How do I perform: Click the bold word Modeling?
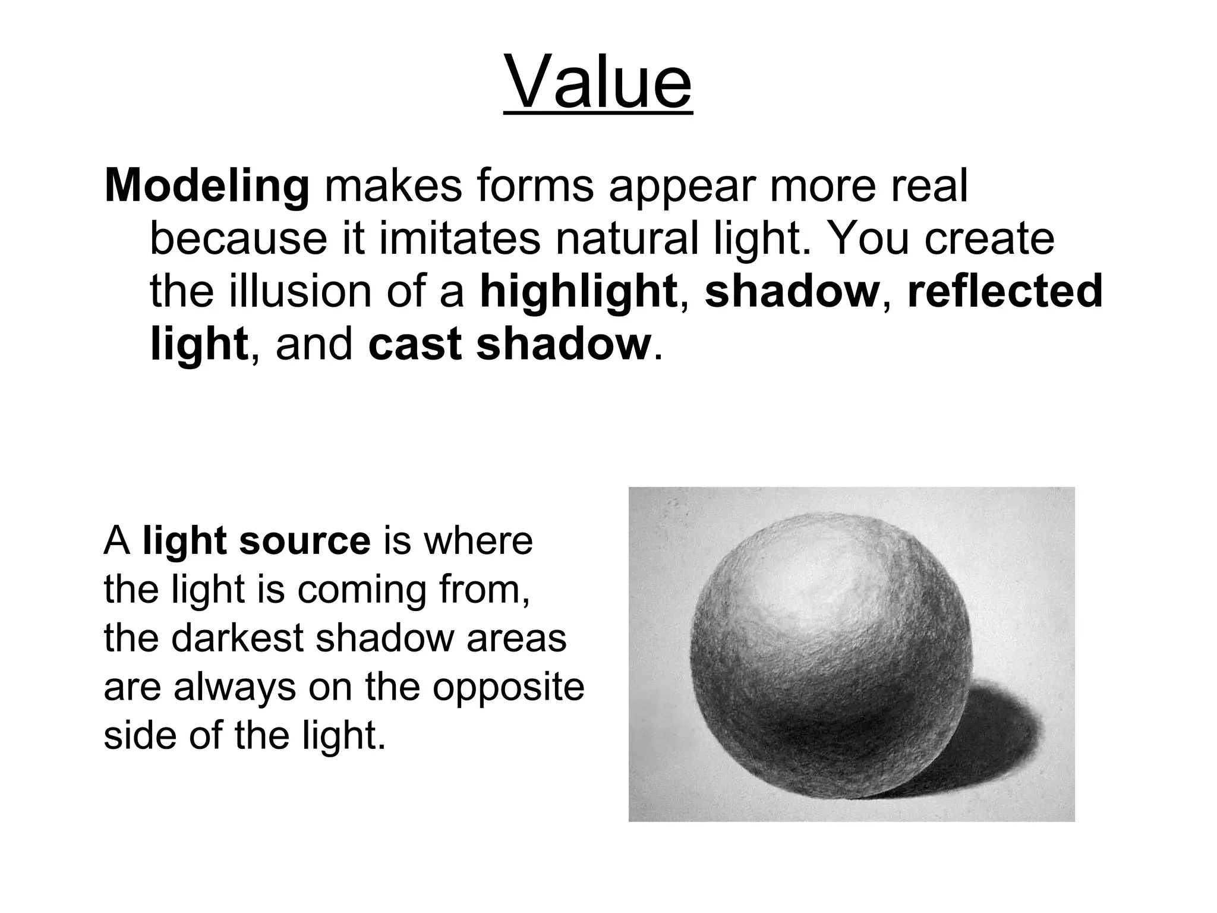[x=207, y=186]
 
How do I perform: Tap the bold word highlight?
[x=578, y=291]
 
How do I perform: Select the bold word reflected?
[x=1005, y=291]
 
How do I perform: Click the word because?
[x=238, y=238]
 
